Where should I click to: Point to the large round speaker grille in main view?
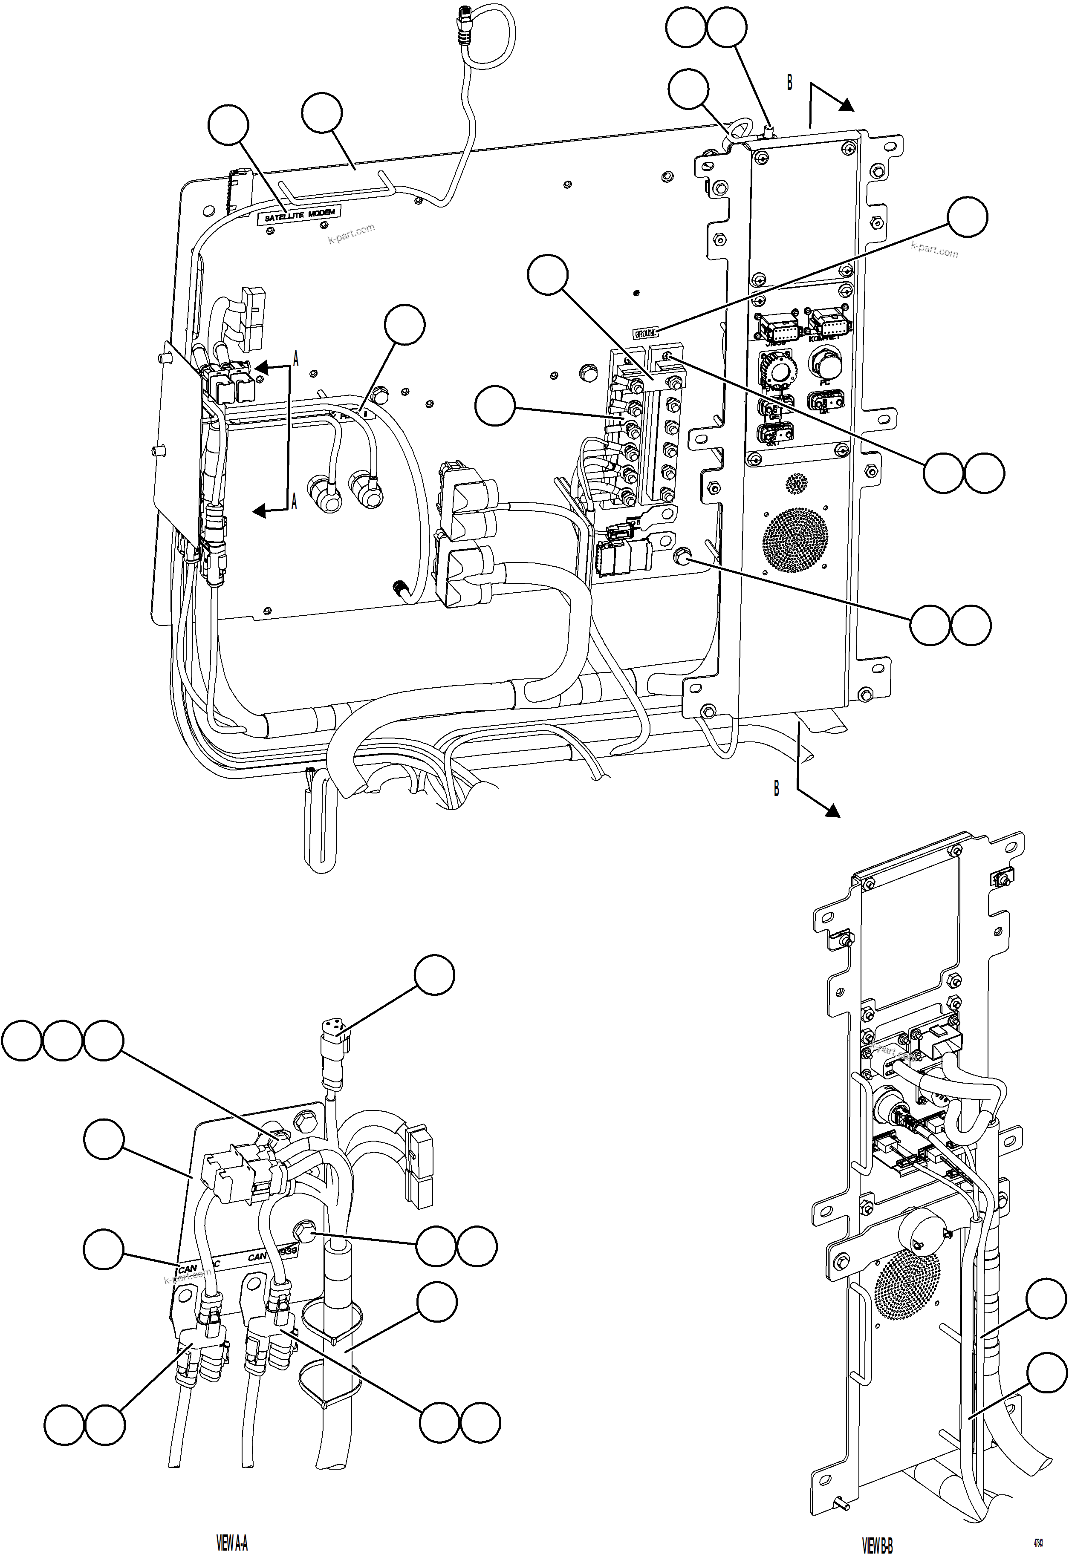click(x=795, y=539)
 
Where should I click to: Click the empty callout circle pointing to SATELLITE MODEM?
click(x=228, y=127)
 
